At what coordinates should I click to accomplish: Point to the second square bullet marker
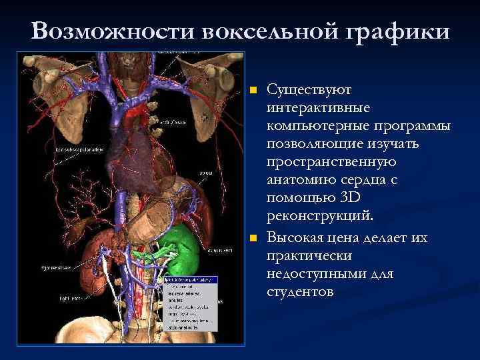(x=251, y=238)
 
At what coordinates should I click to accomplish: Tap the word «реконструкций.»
(x=320, y=217)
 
